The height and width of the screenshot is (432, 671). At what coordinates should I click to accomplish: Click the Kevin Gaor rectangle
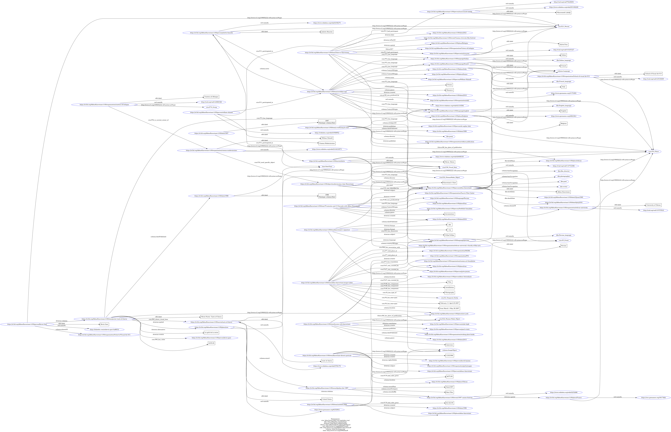point(104,324)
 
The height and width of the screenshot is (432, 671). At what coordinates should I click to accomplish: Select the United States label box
point(327,399)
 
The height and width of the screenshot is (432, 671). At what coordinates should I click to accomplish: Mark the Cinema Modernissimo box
point(327,143)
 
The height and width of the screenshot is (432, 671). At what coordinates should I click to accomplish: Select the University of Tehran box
point(654,205)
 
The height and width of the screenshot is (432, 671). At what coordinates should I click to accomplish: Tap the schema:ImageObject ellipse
point(449,350)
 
